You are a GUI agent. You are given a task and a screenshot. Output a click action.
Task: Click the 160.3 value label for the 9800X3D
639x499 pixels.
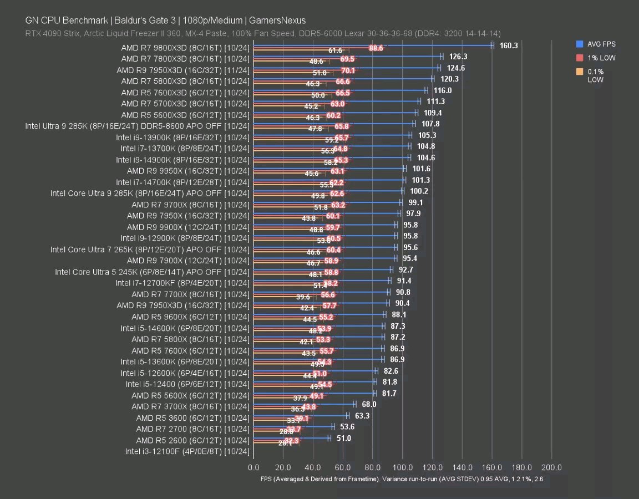click(x=508, y=45)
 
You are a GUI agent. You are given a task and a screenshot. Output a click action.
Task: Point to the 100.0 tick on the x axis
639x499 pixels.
click(x=403, y=467)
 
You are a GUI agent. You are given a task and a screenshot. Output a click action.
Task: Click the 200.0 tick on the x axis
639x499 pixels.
click(x=551, y=467)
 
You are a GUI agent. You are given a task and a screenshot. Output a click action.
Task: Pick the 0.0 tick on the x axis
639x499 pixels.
click(x=253, y=467)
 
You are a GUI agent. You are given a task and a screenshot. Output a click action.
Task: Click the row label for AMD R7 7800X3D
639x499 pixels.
click(x=185, y=58)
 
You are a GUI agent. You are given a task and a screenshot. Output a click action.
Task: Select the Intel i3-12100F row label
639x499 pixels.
click(x=187, y=451)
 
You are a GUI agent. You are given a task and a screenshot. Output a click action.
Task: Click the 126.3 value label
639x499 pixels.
click(x=458, y=57)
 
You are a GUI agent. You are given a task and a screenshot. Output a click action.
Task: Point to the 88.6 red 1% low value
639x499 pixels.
click(x=376, y=48)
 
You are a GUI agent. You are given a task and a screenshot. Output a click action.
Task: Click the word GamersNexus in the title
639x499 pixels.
click(x=278, y=21)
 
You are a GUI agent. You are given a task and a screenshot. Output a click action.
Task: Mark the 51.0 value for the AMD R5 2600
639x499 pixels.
click(x=344, y=438)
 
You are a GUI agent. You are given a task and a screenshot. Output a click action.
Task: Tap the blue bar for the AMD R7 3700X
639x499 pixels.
click(x=304, y=404)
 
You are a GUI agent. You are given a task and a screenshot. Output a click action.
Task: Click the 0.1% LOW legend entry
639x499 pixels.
click(x=596, y=75)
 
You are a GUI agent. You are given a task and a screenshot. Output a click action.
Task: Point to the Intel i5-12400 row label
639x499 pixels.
click(x=187, y=384)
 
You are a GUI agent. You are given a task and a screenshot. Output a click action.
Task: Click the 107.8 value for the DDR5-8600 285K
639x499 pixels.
click(x=430, y=124)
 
